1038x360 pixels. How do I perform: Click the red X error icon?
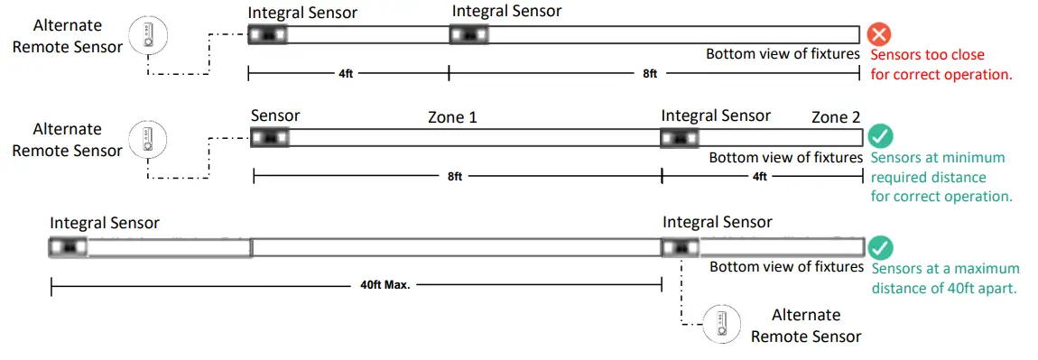click(x=879, y=35)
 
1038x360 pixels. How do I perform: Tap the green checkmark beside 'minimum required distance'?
click(x=880, y=138)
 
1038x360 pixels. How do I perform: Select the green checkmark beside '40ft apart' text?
click(x=880, y=248)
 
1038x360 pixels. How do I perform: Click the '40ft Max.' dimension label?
click(x=379, y=285)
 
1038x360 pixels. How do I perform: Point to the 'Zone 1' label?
click(x=452, y=117)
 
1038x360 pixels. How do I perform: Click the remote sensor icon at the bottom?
click(x=723, y=323)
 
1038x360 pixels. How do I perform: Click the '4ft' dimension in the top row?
click(x=346, y=74)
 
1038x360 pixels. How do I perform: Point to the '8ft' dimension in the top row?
click(x=650, y=74)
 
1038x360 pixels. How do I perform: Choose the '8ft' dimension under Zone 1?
click(x=455, y=177)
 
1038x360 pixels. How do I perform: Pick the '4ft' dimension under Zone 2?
click(x=760, y=177)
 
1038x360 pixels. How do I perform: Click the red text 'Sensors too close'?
click(x=928, y=54)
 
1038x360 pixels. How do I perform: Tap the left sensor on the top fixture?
click(x=268, y=35)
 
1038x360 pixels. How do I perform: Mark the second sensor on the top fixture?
click(x=469, y=35)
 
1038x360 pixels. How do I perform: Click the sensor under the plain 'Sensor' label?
click(x=270, y=138)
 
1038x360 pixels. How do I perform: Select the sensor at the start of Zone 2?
click(x=680, y=138)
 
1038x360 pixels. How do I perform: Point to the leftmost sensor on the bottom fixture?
click(x=68, y=246)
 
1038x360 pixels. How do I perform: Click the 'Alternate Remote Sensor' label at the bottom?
click(x=806, y=326)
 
